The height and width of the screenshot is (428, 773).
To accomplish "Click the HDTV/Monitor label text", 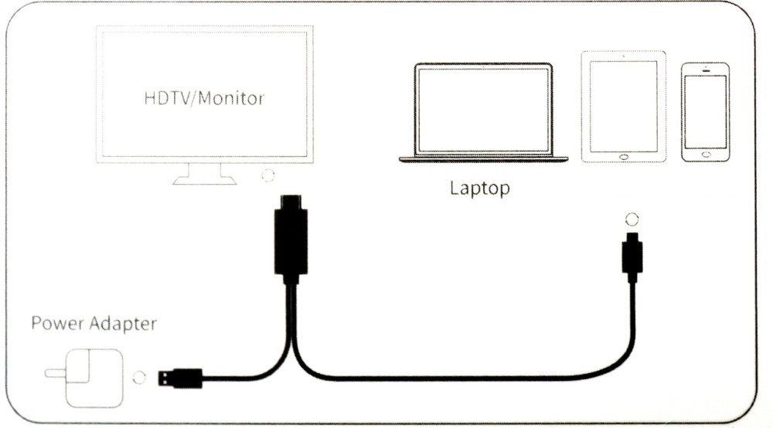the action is point(204,98).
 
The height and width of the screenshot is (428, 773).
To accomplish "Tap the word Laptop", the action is point(480,189).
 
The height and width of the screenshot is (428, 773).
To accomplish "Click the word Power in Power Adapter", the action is point(58,324).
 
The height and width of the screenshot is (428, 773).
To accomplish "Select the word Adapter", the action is point(124,324).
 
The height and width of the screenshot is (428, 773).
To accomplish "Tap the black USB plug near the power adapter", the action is point(180,379).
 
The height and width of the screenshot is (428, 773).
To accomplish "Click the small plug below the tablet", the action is point(632,256).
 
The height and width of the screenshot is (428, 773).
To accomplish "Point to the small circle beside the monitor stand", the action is point(267,175).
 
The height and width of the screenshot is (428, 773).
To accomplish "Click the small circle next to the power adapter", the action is point(139,378).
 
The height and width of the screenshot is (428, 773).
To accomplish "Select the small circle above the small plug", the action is point(632,219).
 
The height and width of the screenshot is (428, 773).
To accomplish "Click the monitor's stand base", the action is point(204,181).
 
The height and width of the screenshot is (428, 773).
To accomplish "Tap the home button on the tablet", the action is point(624,157).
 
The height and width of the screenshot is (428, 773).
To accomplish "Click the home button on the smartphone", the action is point(706,155).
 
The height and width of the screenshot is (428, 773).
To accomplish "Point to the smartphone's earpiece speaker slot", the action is point(706,70).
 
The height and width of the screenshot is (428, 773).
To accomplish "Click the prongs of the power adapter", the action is point(55,374).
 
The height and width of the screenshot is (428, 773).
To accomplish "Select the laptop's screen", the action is point(483,110).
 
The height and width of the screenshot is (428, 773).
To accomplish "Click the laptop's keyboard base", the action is point(483,160).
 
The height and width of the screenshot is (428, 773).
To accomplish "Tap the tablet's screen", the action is point(624,107).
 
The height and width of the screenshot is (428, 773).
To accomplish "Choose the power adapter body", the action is point(94,379).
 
